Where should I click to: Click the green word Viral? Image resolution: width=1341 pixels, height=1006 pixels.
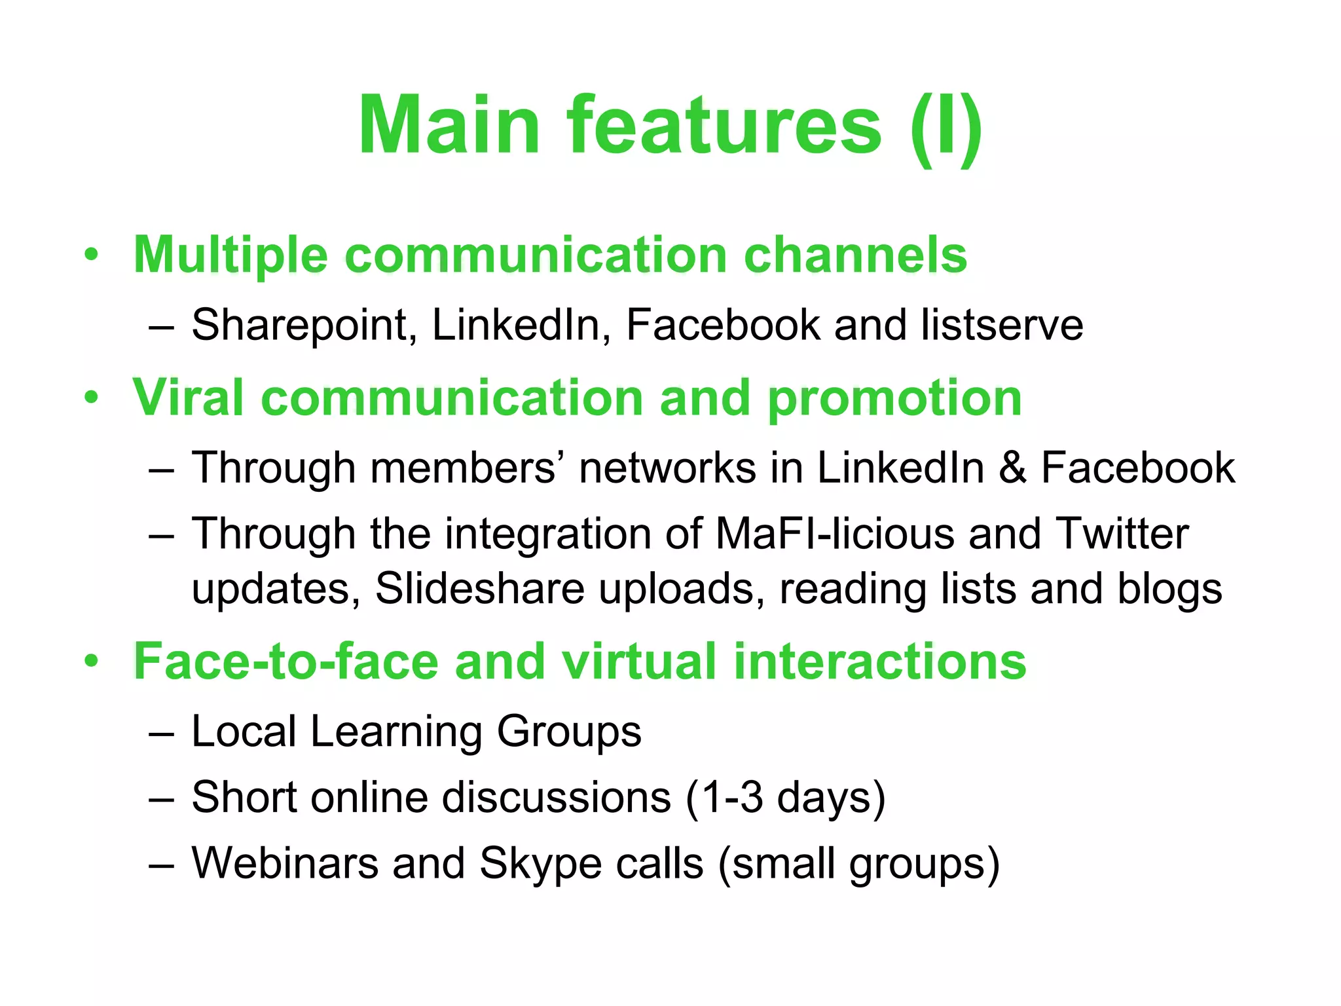[189, 398]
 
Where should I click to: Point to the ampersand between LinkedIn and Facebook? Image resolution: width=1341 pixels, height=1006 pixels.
[1012, 468]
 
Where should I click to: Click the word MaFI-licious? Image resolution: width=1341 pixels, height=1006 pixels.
[835, 534]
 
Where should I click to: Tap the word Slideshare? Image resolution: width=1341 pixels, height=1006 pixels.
[479, 589]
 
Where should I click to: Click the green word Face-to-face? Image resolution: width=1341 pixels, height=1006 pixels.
[286, 661]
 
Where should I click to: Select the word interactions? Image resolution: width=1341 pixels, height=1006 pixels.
[879, 661]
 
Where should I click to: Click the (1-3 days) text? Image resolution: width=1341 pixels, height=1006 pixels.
[785, 798]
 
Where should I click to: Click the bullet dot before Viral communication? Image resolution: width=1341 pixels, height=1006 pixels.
[92, 398]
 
